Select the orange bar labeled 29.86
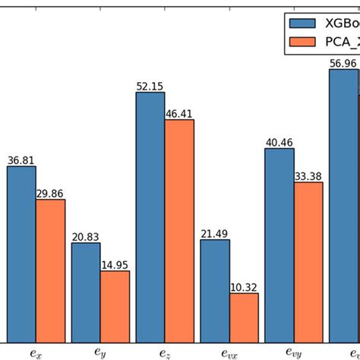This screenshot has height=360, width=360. tap(51, 270)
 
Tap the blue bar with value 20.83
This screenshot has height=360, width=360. tap(86, 292)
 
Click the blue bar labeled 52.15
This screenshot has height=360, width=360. tap(150, 216)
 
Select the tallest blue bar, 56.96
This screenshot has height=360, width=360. tap(343, 205)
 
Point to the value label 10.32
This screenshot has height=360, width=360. tap(244, 287)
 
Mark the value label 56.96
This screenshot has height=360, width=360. tap(343, 63)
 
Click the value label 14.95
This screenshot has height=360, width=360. tap(115, 265)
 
